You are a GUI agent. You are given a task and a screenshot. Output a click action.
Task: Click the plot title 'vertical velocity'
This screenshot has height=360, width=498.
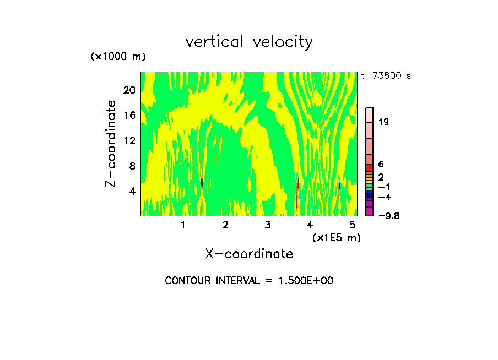(x=249, y=42)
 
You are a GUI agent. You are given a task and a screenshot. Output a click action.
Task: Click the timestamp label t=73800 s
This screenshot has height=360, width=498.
(x=386, y=76)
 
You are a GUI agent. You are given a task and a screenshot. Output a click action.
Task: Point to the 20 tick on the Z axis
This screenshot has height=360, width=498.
(x=128, y=90)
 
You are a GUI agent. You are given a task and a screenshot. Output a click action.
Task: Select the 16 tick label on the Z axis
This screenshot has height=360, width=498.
(x=128, y=115)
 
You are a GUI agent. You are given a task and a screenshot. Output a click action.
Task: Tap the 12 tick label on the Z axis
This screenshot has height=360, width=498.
(x=128, y=140)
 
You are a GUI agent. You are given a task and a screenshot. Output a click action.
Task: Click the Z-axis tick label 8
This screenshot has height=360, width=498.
(x=131, y=166)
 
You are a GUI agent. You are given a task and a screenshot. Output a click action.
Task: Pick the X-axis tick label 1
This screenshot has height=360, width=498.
(x=183, y=225)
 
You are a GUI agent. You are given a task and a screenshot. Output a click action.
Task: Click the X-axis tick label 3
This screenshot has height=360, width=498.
(x=268, y=225)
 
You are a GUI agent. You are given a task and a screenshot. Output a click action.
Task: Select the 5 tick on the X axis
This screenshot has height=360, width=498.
(x=352, y=225)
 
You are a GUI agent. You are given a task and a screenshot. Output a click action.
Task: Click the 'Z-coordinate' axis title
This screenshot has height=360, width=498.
(x=111, y=144)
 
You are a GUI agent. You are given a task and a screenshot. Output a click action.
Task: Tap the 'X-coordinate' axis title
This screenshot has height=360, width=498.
(x=249, y=254)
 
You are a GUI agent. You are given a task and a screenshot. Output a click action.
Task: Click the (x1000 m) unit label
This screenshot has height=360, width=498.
(x=117, y=57)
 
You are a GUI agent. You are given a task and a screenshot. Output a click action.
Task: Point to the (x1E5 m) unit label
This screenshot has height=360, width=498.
(x=336, y=237)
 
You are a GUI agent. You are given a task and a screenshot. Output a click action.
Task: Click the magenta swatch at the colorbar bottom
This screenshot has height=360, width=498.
(x=370, y=212)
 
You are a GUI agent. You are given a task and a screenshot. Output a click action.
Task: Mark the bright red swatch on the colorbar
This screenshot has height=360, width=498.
(x=370, y=167)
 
